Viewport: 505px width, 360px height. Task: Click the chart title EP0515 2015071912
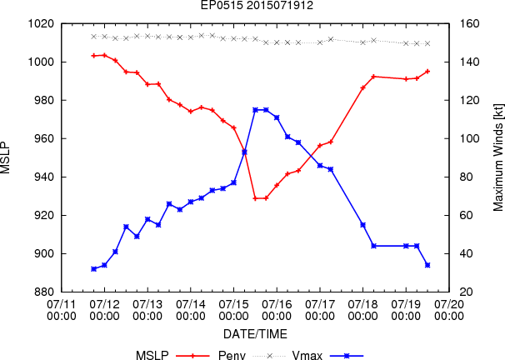point(257,6)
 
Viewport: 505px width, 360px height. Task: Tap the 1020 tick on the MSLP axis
point(41,24)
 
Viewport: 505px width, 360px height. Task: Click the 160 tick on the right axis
point(470,24)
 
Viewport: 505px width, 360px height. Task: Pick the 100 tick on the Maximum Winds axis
point(470,139)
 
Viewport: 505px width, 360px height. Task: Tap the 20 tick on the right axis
point(467,292)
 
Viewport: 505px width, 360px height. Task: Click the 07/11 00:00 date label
point(62,310)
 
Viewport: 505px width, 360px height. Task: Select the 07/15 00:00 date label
point(234,310)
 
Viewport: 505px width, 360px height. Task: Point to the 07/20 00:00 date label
point(449,310)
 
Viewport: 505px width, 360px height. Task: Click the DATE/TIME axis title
point(255,334)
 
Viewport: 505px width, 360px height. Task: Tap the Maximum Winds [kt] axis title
point(498,157)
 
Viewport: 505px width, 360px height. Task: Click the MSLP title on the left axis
point(5,157)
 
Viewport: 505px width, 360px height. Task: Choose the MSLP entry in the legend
point(152,356)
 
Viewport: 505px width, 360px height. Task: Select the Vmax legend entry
point(307,356)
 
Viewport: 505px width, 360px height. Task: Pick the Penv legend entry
point(232,356)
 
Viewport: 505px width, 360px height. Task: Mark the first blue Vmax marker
point(93,269)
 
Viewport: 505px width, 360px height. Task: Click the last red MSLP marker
point(427,72)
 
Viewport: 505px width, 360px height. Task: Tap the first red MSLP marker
point(93,56)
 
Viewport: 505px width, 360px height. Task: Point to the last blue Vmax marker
point(427,265)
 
